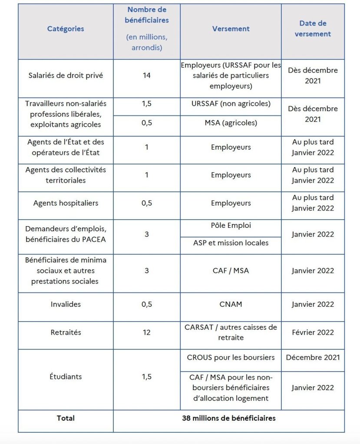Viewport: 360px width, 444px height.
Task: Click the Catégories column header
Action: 66,29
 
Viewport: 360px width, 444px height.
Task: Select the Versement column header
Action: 231,29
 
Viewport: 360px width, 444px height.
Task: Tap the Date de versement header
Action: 313,29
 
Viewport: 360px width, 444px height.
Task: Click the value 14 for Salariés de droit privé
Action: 147,76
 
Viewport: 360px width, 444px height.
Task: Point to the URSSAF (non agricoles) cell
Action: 231,104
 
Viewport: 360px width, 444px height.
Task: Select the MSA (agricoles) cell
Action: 231,123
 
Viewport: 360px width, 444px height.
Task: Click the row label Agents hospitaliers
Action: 66,203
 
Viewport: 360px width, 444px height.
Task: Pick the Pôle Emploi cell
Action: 231,226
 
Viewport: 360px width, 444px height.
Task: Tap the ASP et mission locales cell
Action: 231,243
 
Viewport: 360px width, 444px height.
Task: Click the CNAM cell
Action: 231,304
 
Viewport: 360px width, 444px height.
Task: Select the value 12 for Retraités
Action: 147,332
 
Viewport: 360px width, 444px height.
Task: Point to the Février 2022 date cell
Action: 313,332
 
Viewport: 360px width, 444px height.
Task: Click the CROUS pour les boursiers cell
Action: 231,358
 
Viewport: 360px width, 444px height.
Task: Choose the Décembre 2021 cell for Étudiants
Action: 313,358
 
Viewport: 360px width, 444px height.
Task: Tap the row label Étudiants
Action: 66,377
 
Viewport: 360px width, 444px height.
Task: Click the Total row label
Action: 66,418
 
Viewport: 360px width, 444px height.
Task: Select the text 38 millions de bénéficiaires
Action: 229,418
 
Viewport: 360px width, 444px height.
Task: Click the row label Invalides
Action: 66,304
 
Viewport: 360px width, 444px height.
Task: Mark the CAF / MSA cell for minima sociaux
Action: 231,271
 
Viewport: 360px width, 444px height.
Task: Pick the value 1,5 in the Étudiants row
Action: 147,377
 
